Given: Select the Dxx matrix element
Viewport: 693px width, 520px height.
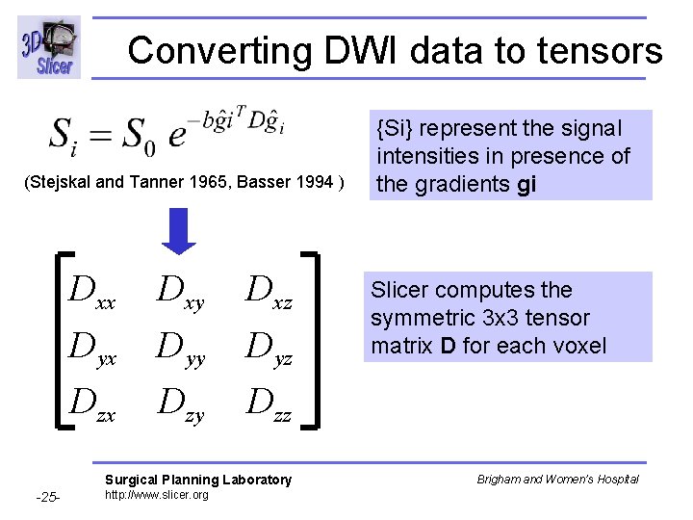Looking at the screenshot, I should pyautogui.click(x=92, y=290).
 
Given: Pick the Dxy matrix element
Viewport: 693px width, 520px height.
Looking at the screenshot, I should pyautogui.click(x=181, y=290).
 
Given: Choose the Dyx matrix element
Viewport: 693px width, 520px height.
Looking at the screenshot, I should pyautogui.click(x=92, y=344).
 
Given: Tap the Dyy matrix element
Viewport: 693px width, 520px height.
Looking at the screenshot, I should pyautogui.click(x=181, y=345).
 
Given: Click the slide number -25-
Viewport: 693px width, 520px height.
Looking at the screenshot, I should pyautogui.click(x=47, y=498).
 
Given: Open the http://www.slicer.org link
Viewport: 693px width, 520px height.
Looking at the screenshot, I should pyautogui.click(x=156, y=495).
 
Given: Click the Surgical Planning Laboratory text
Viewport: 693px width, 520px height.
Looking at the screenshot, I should pyautogui.click(x=197, y=480).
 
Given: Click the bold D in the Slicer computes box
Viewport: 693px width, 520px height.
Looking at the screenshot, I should pyautogui.click(x=449, y=345).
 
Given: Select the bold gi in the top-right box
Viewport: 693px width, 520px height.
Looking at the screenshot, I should pyautogui.click(x=526, y=184).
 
